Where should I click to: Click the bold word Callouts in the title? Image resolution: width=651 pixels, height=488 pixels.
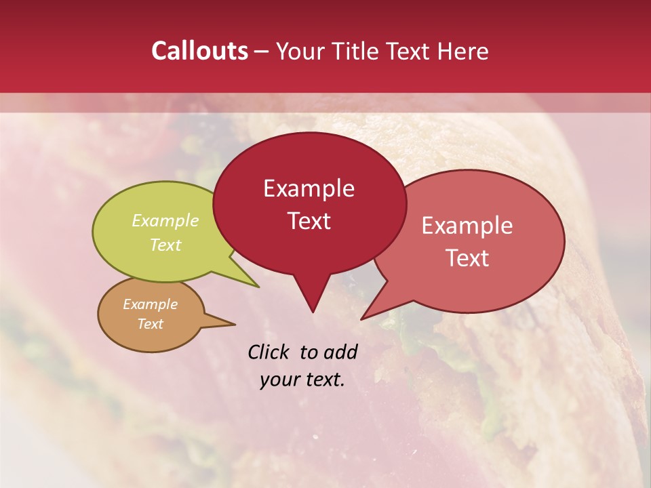(199, 51)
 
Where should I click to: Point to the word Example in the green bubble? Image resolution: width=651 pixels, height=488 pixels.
(165, 221)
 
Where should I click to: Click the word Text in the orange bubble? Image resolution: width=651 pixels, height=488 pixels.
(151, 324)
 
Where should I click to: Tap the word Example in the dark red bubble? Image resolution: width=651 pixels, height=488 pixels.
(309, 188)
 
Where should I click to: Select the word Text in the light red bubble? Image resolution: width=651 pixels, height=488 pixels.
(467, 258)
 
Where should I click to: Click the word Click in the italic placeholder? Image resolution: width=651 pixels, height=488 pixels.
(270, 352)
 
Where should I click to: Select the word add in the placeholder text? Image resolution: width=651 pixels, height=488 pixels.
(340, 352)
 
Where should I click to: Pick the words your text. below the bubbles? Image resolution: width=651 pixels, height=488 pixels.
(302, 380)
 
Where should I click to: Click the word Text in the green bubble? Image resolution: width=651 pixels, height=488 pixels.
(165, 245)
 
